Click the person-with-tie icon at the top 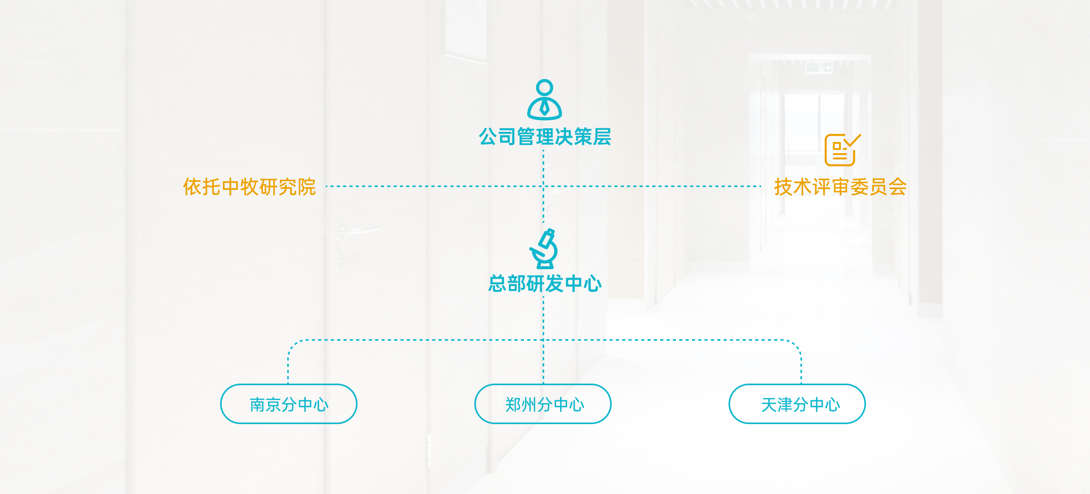544,99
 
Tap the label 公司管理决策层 545,137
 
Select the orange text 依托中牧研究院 249,187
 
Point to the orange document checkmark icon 842,150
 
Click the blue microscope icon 544,249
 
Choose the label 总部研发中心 545,284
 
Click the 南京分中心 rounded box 288,404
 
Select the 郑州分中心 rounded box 543,404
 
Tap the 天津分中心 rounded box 797,404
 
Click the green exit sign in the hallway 819,67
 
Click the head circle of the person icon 544,88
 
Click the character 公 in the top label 488,137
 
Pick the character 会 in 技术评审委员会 897,187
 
